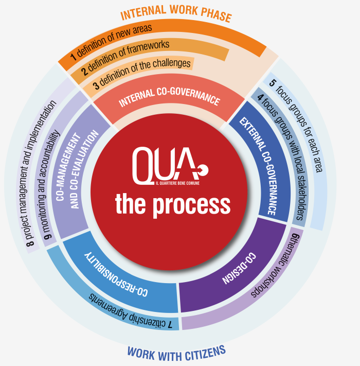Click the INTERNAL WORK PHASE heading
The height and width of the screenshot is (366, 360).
pos(176,14)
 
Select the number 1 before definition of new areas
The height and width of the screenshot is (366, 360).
pos(73,54)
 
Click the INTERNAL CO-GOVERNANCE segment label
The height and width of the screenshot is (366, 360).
pos(170,96)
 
